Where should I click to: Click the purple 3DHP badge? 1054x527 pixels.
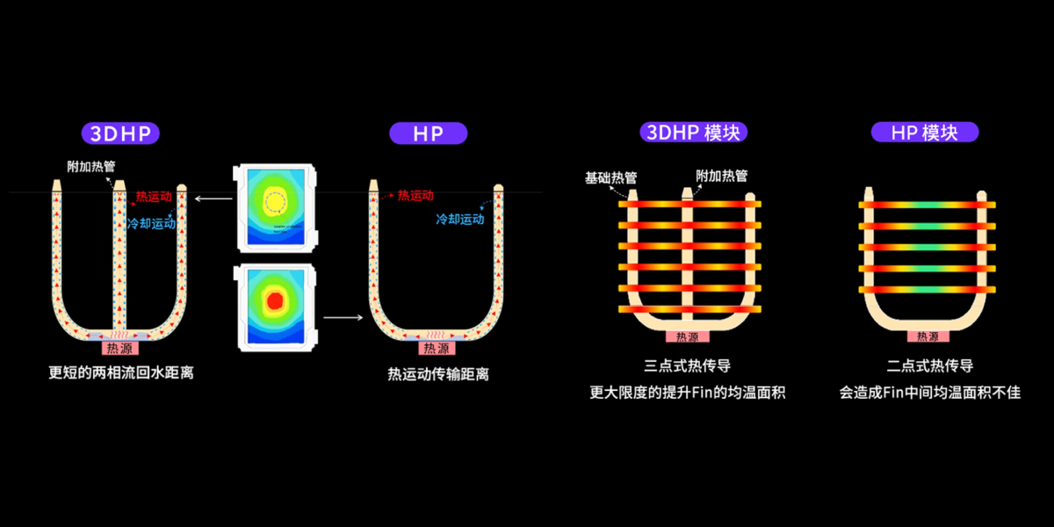[121, 134]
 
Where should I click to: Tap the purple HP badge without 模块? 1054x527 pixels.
[428, 134]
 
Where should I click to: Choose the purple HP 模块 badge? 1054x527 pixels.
[924, 134]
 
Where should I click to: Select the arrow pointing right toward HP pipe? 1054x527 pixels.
[342, 315]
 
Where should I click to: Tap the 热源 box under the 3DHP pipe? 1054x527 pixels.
[121, 348]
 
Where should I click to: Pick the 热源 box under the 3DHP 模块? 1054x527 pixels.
[688, 336]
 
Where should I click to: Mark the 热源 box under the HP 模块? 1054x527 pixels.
[928, 336]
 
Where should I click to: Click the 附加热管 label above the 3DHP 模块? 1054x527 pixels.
[721, 176]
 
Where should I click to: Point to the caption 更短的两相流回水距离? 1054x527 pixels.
[121, 372]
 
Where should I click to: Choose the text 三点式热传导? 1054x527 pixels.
[688, 365]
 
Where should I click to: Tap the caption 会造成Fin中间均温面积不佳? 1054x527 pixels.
[929, 393]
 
